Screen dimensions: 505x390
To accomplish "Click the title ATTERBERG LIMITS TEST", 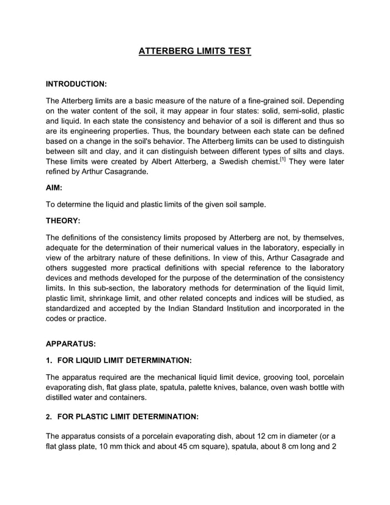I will click(x=194, y=51).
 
